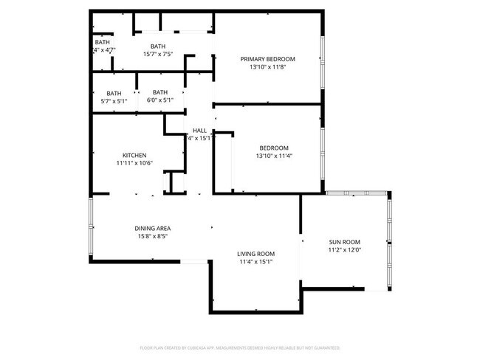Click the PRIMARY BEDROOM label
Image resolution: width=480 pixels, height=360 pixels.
267,59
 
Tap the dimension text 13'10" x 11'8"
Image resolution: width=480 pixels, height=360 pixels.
267,67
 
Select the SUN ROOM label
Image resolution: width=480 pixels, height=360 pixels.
344,242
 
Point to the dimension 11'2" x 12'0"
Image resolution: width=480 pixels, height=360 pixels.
344,250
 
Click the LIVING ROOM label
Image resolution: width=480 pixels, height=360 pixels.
256,254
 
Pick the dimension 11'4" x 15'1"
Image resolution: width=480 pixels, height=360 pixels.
256,262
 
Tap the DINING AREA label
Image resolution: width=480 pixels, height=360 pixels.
153,228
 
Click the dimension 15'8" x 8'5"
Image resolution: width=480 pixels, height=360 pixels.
153,236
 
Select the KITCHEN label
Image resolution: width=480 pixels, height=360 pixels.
134,155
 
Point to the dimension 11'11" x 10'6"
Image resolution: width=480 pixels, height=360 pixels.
134,163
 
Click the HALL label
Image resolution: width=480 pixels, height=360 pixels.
199,130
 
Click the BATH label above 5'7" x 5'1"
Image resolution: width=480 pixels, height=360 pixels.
114,93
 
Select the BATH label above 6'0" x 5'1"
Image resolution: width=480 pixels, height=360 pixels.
160,92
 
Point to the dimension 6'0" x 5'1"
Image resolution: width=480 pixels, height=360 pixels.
160,100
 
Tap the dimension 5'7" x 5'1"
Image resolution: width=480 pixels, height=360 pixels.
114,101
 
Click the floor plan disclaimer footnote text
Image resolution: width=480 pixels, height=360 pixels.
240,347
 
